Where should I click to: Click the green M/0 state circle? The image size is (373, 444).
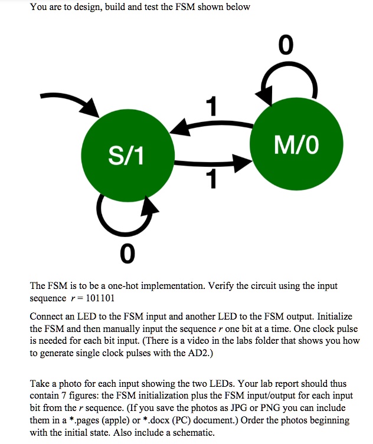click(296, 144)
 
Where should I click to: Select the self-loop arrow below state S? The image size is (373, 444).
click(126, 215)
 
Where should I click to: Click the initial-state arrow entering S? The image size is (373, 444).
click(70, 101)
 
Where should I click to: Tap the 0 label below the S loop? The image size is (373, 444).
click(126, 254)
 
